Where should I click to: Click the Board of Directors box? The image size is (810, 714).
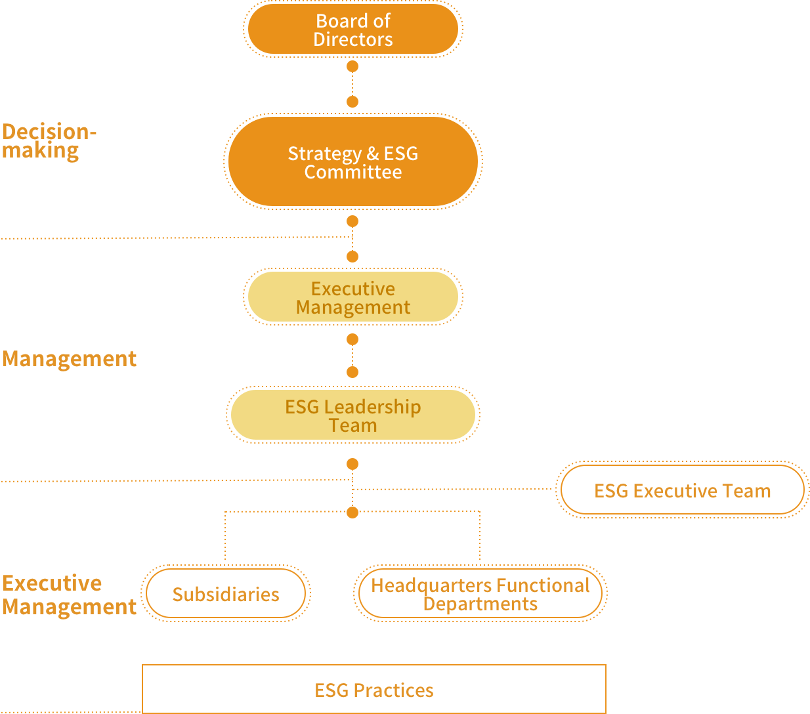[x=353, y=30]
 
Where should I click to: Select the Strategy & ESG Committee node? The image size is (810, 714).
[x=353, y=162]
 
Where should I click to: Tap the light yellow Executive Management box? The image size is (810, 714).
[x=353, y=297]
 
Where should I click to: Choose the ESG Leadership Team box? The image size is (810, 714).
[x=353, y=415]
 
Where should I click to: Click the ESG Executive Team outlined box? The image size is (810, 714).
[x=682, y=490]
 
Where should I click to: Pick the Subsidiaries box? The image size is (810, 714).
[x=225, y=594]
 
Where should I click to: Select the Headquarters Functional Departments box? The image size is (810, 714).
[x=480, y=594]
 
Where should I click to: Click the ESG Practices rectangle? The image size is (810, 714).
[x=373, y=690]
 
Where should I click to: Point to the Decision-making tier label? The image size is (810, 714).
[x=49, y=140]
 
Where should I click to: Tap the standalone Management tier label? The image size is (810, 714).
[x=69, y=359]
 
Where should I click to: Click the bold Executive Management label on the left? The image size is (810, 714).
[x=69, y=595]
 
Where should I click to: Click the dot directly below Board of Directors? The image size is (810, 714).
[x=352, y=66]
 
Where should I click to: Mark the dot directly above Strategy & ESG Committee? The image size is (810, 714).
[x=352, y=102]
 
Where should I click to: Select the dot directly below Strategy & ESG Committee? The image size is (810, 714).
[x=352, y=221]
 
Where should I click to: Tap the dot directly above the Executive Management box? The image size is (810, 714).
[x=352, y=257]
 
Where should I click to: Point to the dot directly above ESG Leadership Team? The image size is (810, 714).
[x=352, y=372]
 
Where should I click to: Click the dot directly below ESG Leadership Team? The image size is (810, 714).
[x=352, y=464]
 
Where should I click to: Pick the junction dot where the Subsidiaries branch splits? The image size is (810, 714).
[x=352, y=513]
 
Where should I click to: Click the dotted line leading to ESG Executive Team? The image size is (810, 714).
[x=453, y=489]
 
